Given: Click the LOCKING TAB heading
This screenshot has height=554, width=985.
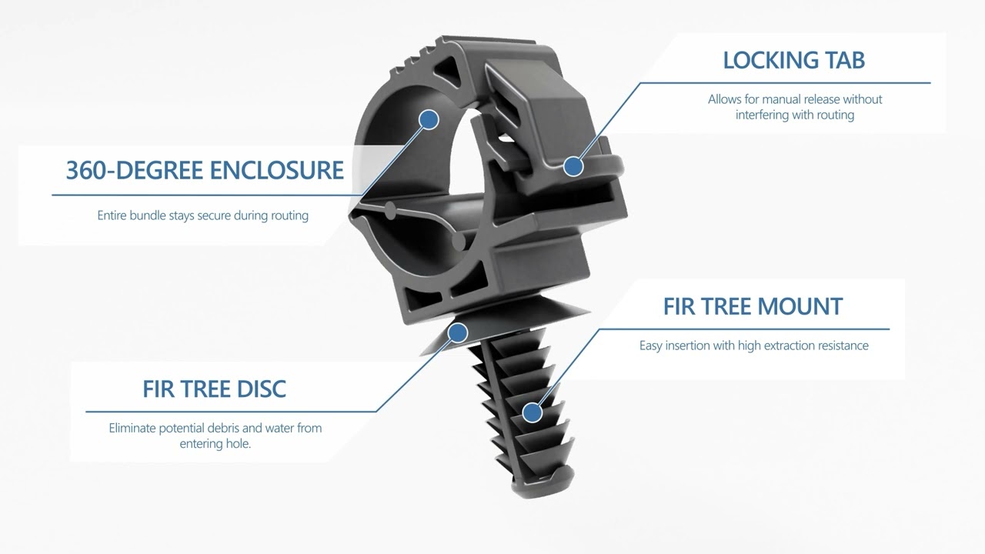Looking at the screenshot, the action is point(793,60).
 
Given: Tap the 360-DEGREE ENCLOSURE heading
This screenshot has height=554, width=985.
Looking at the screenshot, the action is point(205,170).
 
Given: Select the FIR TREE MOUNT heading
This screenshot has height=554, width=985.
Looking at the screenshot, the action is point(753,306).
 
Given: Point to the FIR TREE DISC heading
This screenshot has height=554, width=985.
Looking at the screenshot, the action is point(214,389).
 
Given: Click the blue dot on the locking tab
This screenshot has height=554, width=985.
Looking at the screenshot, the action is point(573,165).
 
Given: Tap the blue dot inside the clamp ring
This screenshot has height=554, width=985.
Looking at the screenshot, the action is point(429,119).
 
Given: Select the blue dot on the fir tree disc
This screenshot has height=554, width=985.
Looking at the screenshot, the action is point(458,332).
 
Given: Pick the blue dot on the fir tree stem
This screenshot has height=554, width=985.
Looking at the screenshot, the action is point(532,412).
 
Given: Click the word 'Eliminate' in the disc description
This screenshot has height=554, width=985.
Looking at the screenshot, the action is point(132,428).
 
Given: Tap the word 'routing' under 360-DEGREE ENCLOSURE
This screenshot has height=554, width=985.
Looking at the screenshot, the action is point(289,215).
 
